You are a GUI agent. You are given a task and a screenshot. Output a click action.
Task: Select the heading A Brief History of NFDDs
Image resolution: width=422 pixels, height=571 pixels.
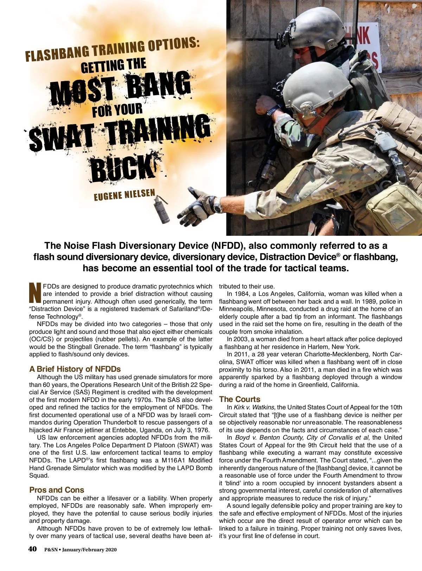(x=75, y=369)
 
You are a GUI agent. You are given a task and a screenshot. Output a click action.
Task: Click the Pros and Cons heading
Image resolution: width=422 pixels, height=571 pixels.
(x=57, y=490)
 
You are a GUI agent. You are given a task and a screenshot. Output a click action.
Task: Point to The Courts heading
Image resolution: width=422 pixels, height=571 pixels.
(x=239, y=399)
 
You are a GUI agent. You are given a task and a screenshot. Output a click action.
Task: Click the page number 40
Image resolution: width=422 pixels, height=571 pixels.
(x=32, y=549)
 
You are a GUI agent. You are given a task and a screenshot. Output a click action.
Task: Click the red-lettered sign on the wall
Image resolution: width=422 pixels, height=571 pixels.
(x=366, y=46)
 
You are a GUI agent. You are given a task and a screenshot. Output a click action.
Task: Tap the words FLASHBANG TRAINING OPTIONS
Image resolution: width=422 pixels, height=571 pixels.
(x=113, y=50)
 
